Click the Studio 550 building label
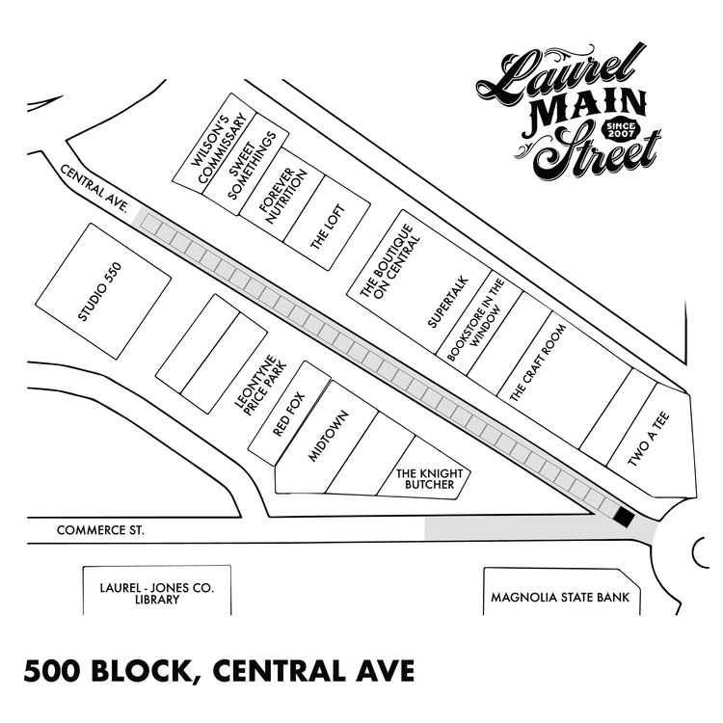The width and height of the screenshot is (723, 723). [101, 292]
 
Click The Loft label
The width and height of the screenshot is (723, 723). [327, 230]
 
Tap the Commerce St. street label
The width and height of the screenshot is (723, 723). [100, 530]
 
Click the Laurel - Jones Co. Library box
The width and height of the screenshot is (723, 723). [156, 592]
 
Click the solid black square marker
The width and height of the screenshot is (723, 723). [624, 519]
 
